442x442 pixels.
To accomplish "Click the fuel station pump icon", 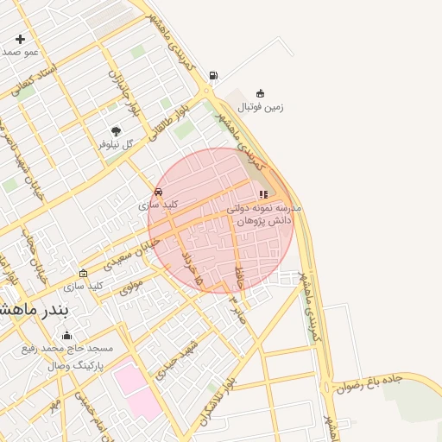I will pos(213,75).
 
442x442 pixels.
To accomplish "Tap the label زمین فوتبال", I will pos(262,107).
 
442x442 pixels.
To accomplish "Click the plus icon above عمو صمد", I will pos(20,39).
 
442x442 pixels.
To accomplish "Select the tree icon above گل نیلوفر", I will pos(116,131).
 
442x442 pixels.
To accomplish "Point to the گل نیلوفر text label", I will pos(116,144).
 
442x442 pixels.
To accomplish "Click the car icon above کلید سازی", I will pos(158,192).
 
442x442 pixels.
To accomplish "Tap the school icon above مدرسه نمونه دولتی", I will pos(263,195).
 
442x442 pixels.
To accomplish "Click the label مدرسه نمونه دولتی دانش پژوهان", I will pos(263,215).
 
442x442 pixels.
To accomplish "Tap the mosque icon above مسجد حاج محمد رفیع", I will pos(67,335).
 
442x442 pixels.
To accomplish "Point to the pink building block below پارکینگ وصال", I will pos(137,383).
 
